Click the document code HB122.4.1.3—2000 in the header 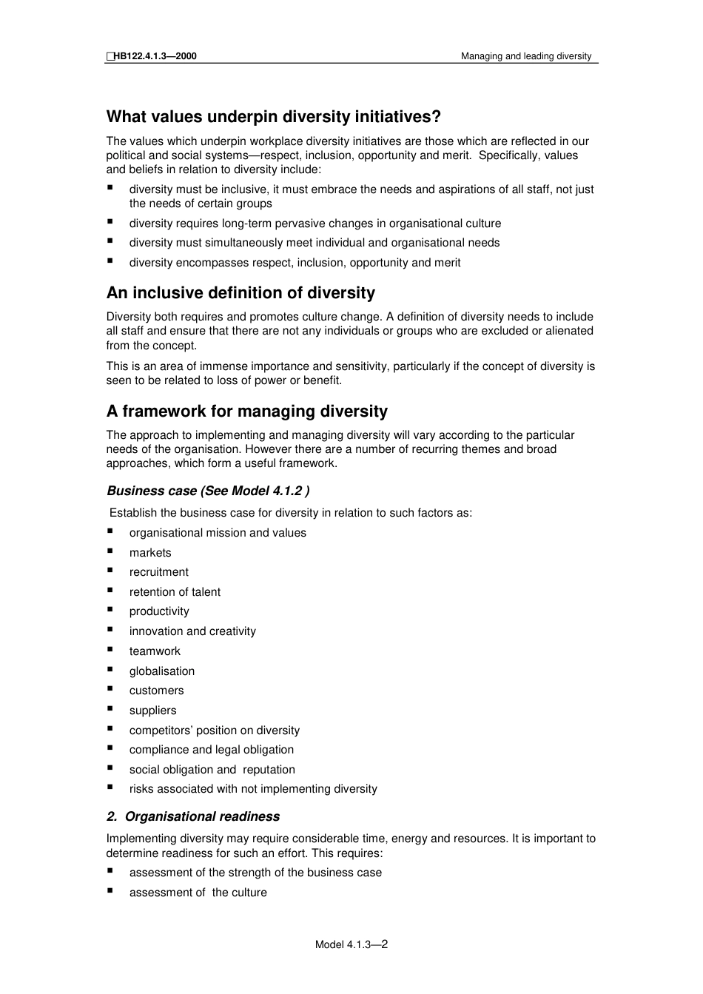pos(155,56)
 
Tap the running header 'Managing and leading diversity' pos(526,56)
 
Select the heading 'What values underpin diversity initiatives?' pos(274,117)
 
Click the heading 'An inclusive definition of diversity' pos(240,293)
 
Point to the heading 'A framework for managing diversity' pos(247,412)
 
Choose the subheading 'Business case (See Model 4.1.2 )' pos(208,491)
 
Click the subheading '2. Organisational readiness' pos(193,817)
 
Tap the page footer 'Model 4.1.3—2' pos(351,944)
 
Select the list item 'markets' pos(150,553)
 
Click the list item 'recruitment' pos(159,572)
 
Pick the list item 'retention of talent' pos(175,592)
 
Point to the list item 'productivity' pos(159,611)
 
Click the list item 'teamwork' pos(155,651)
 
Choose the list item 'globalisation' pos(162,671)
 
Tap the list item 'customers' pos(157,691)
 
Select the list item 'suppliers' pos(153,711)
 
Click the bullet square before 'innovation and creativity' pos(110,630)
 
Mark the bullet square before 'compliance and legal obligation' pos(110,748)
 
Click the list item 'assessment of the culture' pos(198,893)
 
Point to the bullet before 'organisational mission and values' pos(110,531)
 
